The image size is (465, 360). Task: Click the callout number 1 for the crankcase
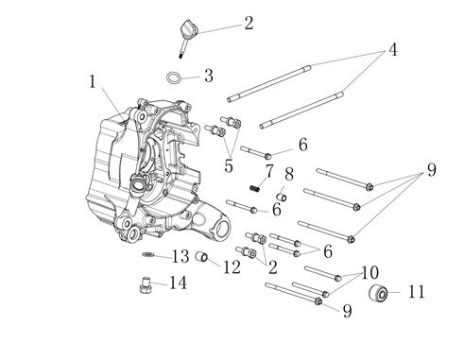[93, 82]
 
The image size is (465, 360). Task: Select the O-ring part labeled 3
[175, 78]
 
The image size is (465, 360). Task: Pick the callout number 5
[229, 166]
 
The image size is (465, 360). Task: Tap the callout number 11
[417, 293]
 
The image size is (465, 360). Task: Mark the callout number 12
[232, 267]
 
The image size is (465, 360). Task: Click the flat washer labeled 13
[148, 254]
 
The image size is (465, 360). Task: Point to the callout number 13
[181, 256]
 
